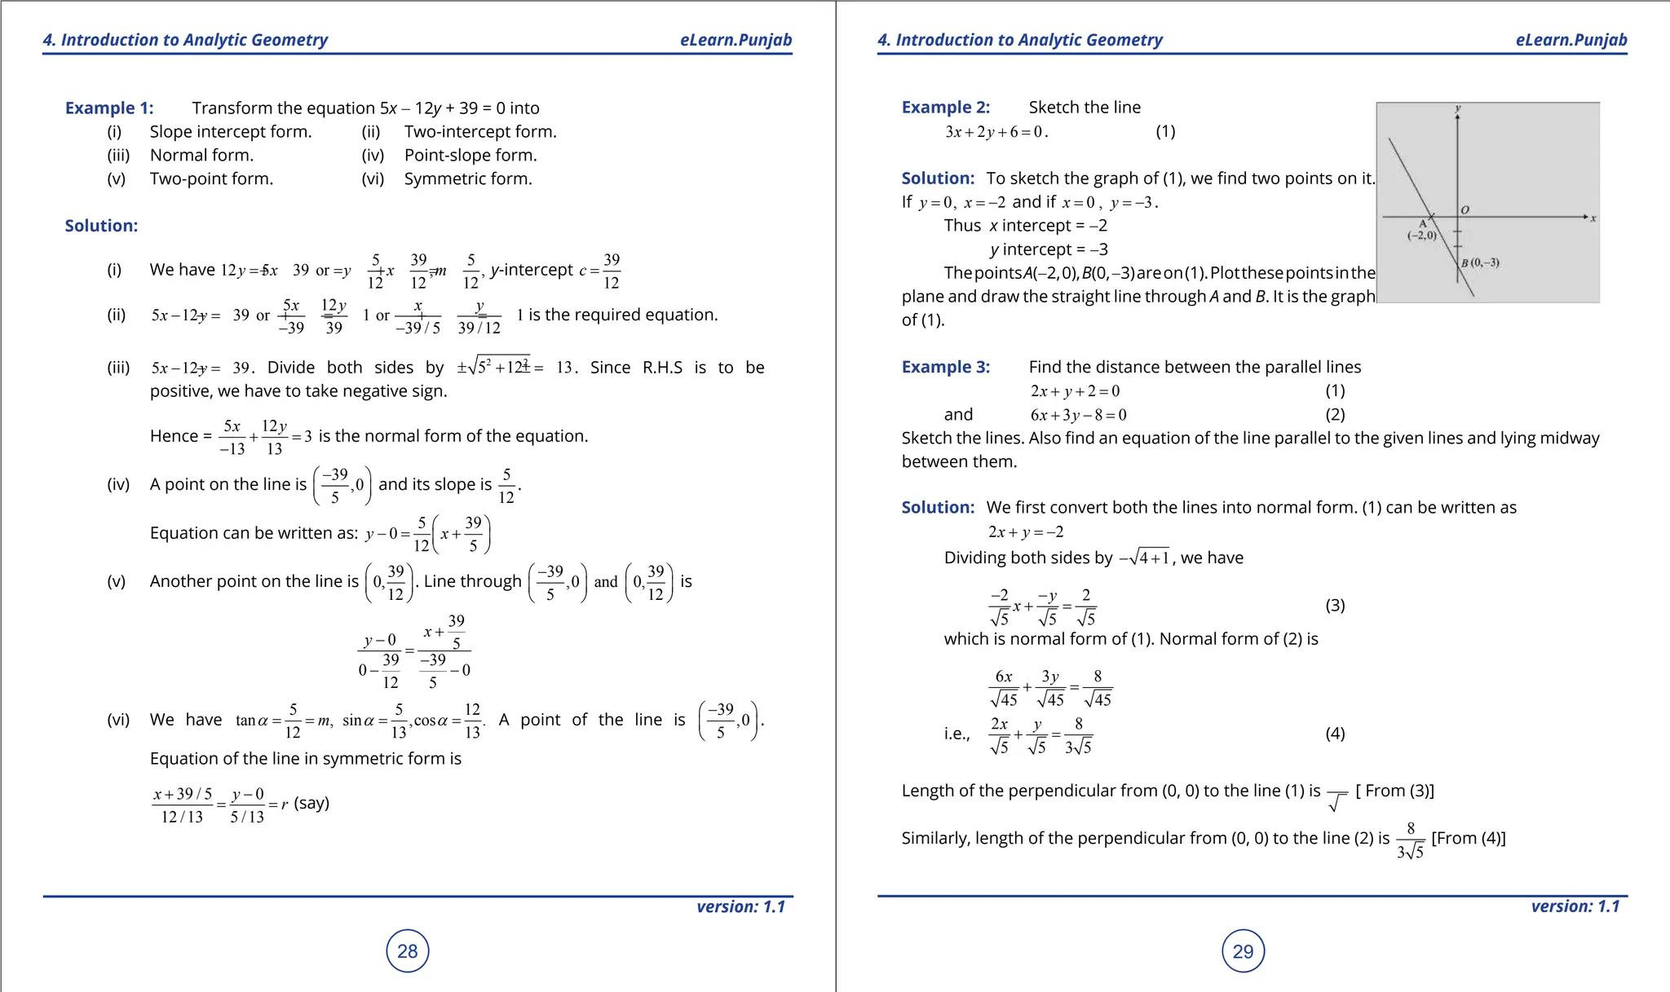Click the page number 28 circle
tap(407, 950)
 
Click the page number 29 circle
tap(1243, 951)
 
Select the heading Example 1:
tap(109, 108)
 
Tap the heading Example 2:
tap(945, 107)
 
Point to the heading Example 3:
tap(945, 367)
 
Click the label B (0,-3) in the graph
tap(1480, 262)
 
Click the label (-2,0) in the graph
tap(1422, 236)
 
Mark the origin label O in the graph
tap(1465, 209)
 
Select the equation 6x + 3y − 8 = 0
tap(1078, 415)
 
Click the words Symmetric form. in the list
tap(468, 179)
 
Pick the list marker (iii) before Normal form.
tap(118, 155)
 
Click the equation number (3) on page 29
tap(1335, 605)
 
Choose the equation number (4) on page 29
tap(1335, 733)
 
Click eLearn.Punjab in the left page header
tap(736, 40)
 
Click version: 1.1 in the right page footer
tap(1575, 906)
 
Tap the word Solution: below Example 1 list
tap(101, 226)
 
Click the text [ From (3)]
tap(1394, 791)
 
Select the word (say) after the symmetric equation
tap(311, 803)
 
